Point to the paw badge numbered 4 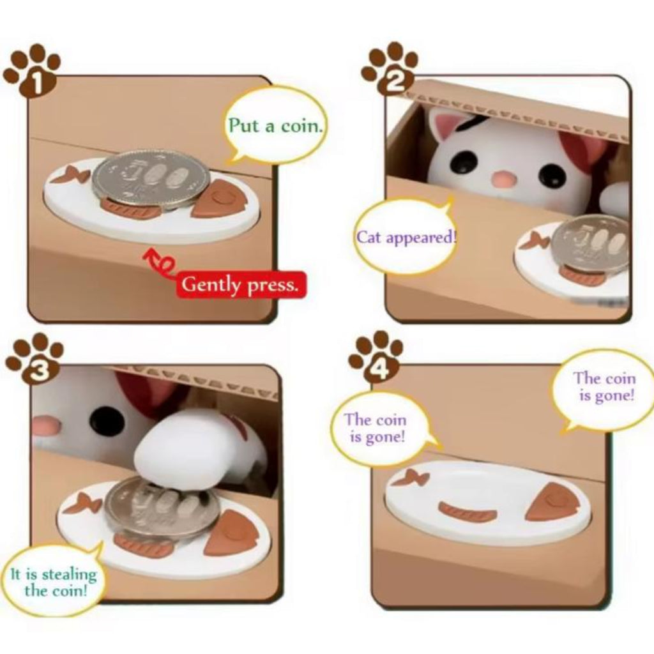pyautogui.click(x=377, y=357)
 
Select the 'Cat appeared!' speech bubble pyautogui.click(x=406, y=238)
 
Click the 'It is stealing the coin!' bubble pyautogui.click(x=53, y=581)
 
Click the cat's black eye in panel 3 pyautogui.click(x=107, y=421)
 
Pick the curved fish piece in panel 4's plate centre pyautogui.click(x=468, y=511)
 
